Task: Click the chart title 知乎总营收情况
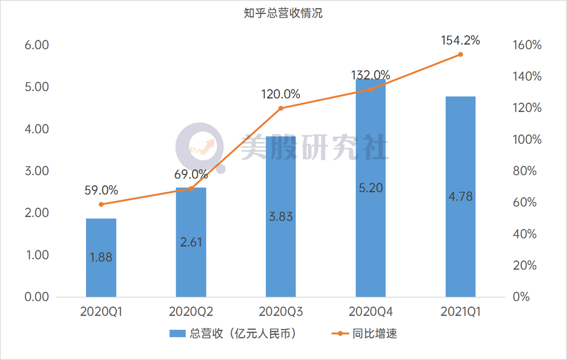coord(283,14)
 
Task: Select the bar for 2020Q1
coord(101,257)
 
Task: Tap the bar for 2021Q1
coord(460,197)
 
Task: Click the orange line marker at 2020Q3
coord(281,108)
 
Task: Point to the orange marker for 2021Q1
coord(460,54)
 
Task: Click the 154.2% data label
coord(460,41)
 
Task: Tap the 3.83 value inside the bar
coord(281,217)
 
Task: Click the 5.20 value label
coord(370,188)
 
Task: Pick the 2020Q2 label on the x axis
coord(191,312)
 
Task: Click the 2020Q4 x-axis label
coord(370,312)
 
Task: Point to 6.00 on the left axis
coord(37,45)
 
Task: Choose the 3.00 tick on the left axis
coord(37,171)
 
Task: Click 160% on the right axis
coord(527,45)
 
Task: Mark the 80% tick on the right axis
coord(524,171)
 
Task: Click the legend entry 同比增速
coord(375,334)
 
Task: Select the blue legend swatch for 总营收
coord(178,334)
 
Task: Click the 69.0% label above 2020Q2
coord(191,174)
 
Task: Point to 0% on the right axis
coord(521,297)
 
